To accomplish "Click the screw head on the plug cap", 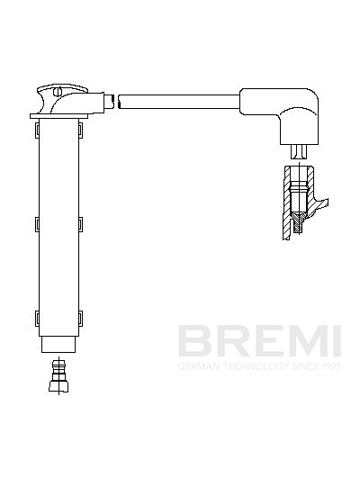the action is click(x=58, y=91).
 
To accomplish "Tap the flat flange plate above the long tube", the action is click(x=58, y=116).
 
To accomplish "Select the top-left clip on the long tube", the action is click(x=37, y=130).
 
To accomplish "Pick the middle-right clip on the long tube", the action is click(x=81, y=224).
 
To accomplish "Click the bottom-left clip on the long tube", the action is click(x=37, y=319).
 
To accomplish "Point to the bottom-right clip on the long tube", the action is click(x=81, y=318).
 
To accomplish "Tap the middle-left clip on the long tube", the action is click(x=37, y=224).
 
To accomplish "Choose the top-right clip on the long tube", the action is click(x=81, y=130).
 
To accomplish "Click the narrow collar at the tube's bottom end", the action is click(x=58, y=345).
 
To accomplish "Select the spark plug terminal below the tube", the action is click(x=58, y=376).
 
